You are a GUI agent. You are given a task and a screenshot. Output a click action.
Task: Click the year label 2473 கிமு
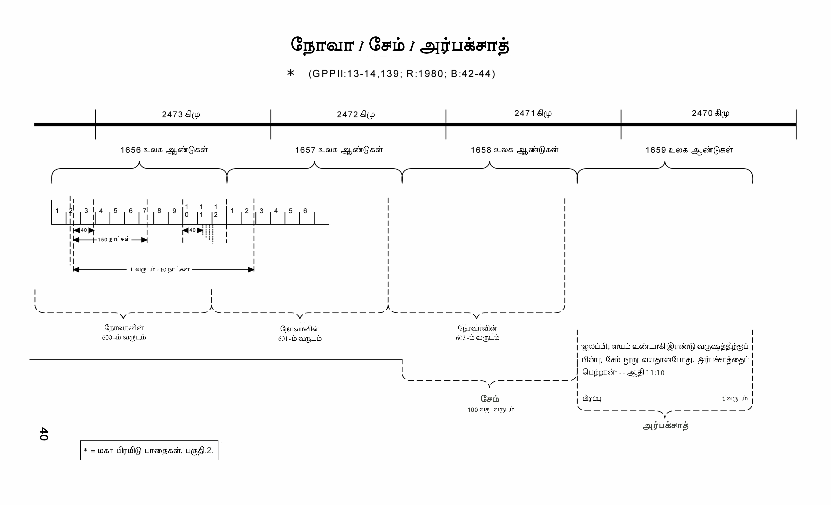click(x=181, y=114)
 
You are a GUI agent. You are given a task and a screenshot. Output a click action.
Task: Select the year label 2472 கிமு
click(x=356, y=114)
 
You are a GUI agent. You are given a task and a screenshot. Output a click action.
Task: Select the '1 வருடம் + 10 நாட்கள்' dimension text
click(x=160, y=269)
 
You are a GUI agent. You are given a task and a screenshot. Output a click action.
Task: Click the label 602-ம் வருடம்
click(x=477, y=338)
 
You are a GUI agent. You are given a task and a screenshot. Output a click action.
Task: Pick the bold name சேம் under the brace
click(x=490, y=399)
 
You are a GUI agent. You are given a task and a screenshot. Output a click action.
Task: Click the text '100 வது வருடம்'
click(x=491, y=410)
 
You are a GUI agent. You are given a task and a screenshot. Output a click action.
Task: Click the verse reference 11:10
click(x=655, y=373)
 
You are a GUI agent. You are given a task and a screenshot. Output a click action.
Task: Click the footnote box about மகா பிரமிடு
click(x=149, y=450)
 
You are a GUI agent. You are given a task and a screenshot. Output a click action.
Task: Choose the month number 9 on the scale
click(x=174, y=211)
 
